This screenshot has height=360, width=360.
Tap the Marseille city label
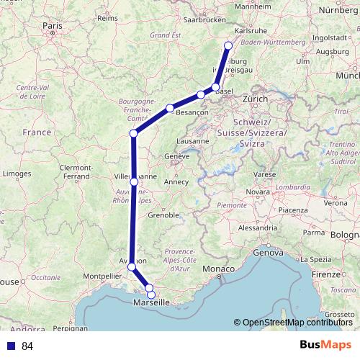click(x=151, y=304)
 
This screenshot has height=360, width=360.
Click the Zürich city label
click(x=255, y=98)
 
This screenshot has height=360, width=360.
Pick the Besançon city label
click(x=192, y=113)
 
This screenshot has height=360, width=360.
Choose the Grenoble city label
click(x=163, y=215)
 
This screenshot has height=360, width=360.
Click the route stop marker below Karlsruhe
click(x=228, y=46)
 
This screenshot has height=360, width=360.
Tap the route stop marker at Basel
click(x=215, y=87)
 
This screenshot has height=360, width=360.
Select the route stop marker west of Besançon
click(x=170, y=108)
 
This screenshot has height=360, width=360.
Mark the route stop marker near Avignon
click(x=131, y=267)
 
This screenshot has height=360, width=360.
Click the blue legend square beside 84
click(x=10, y=346)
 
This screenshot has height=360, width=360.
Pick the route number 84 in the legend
click(x=28, y=346)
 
